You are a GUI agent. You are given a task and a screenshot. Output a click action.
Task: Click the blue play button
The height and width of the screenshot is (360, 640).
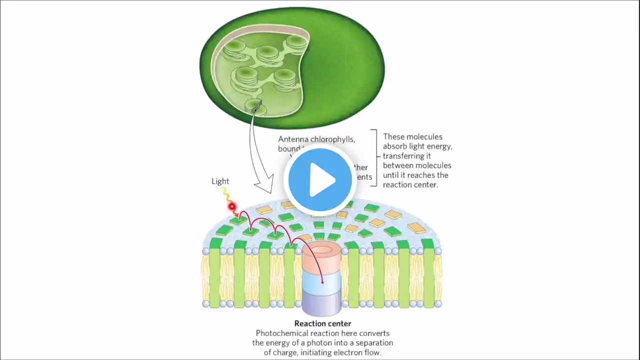[320, 180]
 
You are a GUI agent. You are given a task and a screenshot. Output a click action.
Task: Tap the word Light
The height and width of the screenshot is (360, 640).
[220, 181]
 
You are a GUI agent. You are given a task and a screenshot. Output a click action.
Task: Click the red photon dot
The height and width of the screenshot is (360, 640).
[232, 206]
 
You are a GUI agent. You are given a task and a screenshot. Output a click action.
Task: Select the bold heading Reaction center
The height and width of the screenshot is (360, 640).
[322, 323]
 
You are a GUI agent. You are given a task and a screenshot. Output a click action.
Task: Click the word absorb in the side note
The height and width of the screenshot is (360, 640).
[394, 146]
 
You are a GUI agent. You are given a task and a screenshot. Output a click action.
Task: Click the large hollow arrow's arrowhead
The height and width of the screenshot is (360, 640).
[263, 186]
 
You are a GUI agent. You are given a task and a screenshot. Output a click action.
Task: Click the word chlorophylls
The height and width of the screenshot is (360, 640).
[334, 139]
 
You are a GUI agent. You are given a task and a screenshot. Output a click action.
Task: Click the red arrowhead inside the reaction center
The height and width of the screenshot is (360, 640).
[322, 282]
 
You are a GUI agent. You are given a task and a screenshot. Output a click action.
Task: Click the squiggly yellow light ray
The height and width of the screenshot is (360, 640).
[226, 195]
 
